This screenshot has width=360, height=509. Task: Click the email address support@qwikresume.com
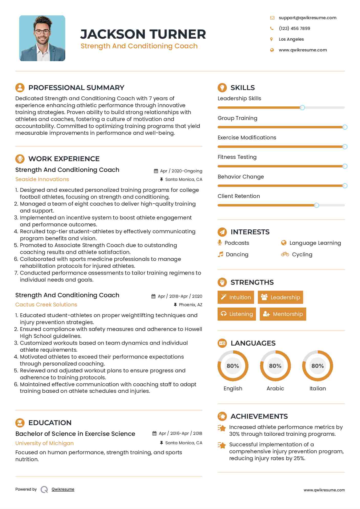[307, 18]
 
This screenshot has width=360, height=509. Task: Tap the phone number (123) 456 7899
[294, 28]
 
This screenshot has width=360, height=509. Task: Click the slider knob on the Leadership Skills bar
[302, 108]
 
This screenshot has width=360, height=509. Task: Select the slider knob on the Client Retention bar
[317, 205]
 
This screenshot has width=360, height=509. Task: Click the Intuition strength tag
[236, 297]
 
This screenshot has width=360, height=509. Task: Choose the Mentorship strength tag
[283, 314]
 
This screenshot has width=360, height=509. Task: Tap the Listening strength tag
[237, 314]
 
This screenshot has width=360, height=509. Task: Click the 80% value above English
[233, 366]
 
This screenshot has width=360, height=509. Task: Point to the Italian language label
[318, 388]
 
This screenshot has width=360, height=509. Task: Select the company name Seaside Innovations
[42, 179]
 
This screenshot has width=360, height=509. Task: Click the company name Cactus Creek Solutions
[46, 305]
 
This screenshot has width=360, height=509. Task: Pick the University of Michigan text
[45, 443]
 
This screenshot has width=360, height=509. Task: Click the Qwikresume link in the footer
[63, 489]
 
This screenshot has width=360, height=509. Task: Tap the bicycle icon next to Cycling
[285, 254]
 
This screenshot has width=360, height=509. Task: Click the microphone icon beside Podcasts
[220, 242]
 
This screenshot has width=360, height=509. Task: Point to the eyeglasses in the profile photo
[42, 32]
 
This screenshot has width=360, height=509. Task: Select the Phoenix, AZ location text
[190, 305]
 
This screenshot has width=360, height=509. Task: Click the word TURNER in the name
[178, 34]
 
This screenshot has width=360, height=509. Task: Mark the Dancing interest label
[237, 254]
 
